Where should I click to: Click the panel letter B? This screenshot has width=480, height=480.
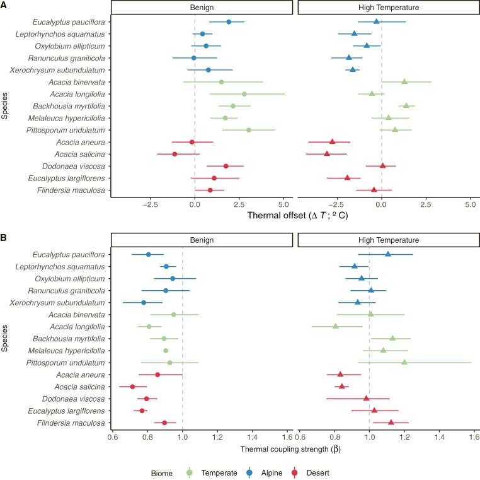coord(4,238)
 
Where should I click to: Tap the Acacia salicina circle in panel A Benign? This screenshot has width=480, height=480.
coord(174,154)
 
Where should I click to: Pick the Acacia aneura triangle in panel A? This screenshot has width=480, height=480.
coord(332,142)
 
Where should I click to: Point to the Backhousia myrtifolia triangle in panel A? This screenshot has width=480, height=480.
coord(406,106)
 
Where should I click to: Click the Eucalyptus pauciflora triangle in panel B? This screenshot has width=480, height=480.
coord(388,254)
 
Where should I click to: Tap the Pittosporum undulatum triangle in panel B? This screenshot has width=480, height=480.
coord(404,362)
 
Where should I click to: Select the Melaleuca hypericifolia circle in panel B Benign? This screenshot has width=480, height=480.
coord(166,351)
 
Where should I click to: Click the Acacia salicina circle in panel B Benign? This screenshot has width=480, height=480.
coord(132,387)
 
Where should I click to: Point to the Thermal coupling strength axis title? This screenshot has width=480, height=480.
coord(292,449)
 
